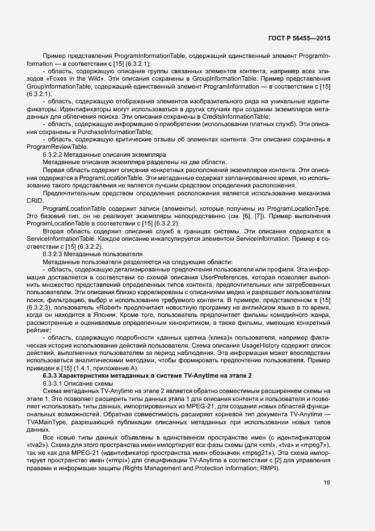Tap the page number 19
[x=327, y=483]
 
